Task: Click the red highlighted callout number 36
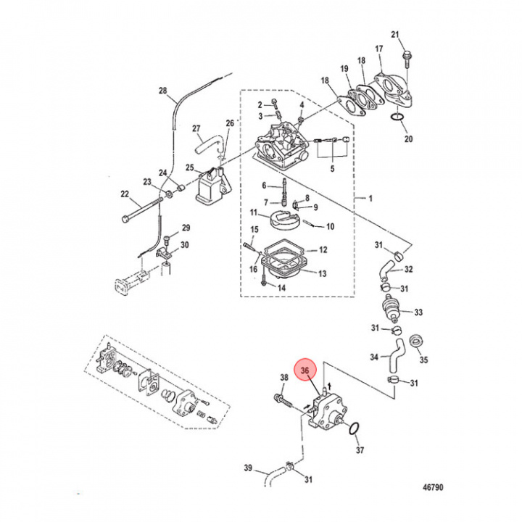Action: tap(305, 370)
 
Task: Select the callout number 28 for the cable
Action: tap(162, 91)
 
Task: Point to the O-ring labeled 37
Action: tap(352, 430)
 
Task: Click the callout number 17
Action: tap(378, 49)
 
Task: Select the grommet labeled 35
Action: tap(417, 341)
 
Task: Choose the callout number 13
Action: tap(323, 273)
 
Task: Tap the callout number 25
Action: tap(190, 168)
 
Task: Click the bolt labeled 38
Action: tap(281, 398)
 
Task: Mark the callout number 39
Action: tap(246, 469)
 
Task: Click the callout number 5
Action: tap(333, 170)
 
